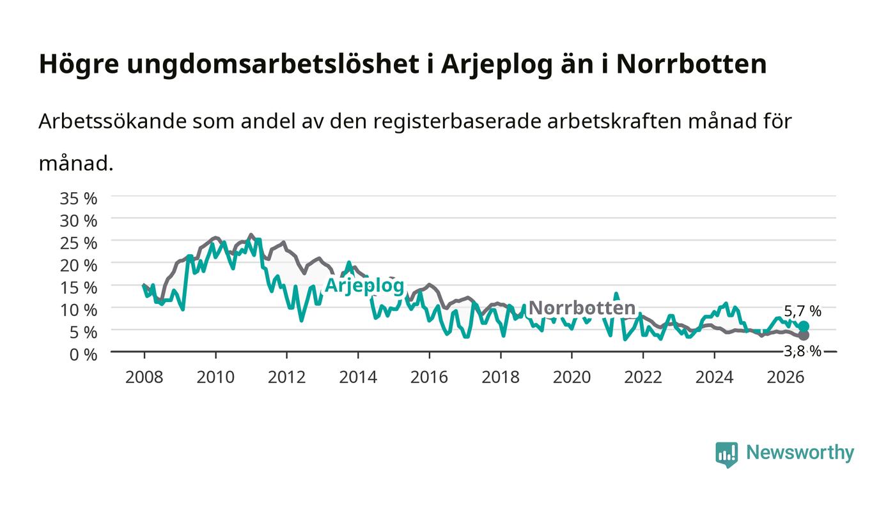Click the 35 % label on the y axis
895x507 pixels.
click(78, 199)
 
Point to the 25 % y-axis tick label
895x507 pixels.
click(78, 243)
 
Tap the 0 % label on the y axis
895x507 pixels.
click(83, 354)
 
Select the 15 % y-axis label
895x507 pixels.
click(78, 288)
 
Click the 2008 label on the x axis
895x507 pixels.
click(144, 377)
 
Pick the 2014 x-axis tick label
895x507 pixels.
click(358, 377)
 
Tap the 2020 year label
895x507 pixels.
click(572, 377)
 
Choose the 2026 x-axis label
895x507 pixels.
click(786, 377)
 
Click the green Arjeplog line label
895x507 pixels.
click(365, 286)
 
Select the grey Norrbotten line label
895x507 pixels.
click(582, 308)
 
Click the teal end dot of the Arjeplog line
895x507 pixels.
click(804, 326)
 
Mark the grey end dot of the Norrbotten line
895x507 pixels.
click(804, 335)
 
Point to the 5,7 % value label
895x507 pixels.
click(803, 311)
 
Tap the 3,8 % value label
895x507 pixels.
click(803, 351)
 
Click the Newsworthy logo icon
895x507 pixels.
click(727, 455)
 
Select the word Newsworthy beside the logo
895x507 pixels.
click(800, 453)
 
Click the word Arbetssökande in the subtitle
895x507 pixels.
click(113, 121)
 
